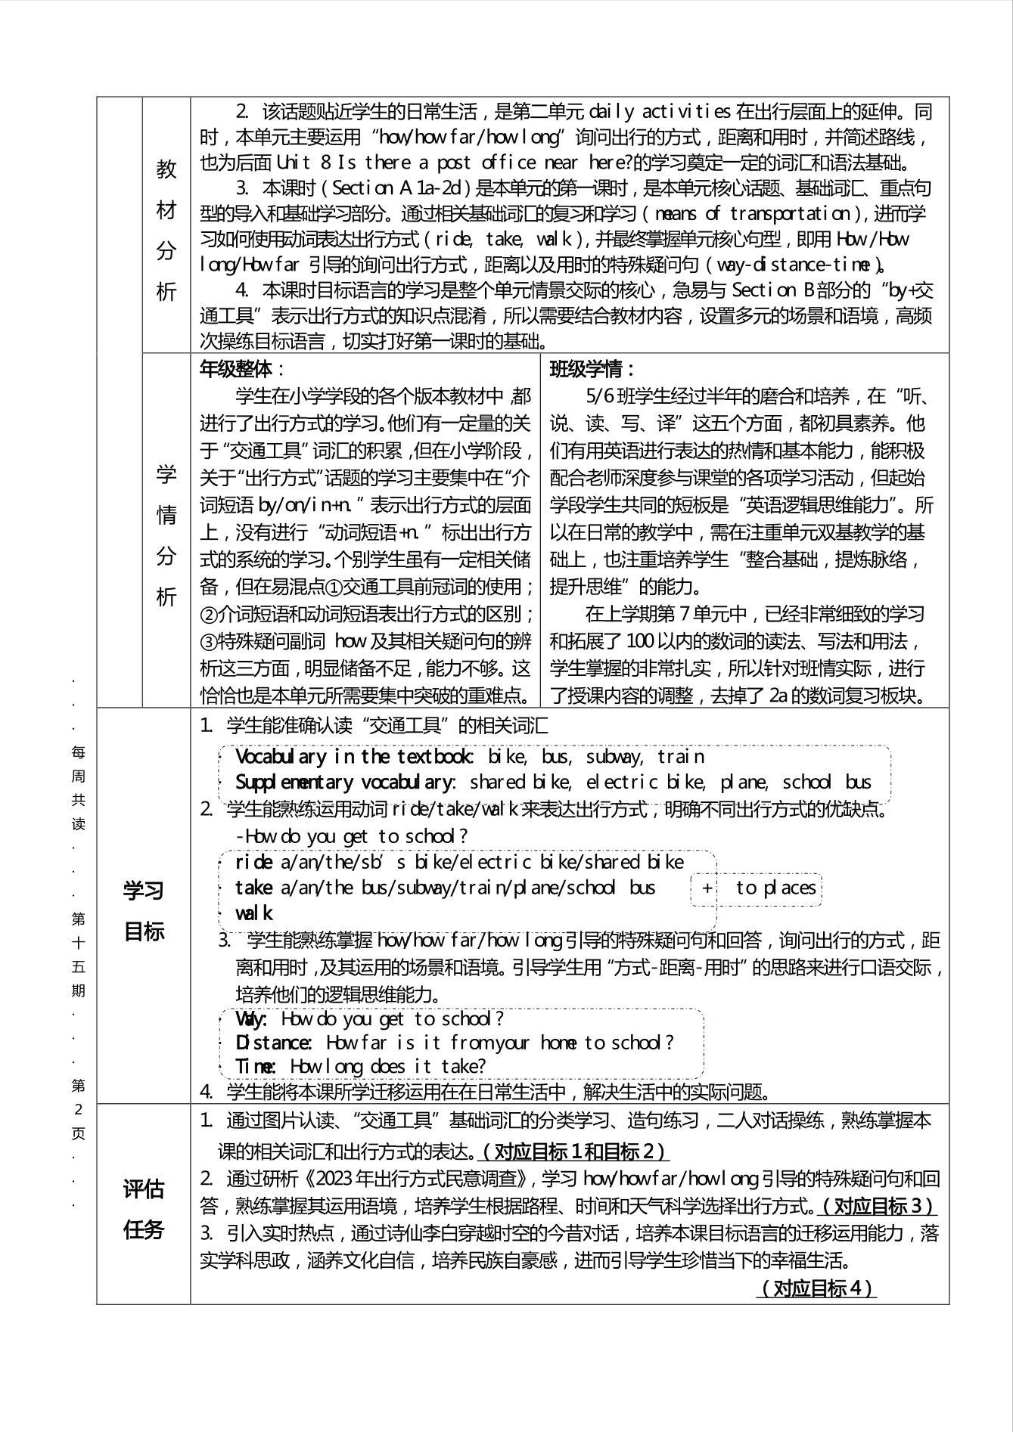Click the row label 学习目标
(x=144, y=910)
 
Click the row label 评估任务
(x=144, y=1209)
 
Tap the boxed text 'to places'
(x=775, y=888)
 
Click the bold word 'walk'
(x=253, y=913)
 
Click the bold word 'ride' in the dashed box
(x=253, y=862)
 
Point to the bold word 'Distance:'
(x=274, y=1043)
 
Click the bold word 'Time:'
(x=256, y=1066)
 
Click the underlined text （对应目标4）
(x=816, y=1288)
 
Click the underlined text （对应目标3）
(x=878, y=1205)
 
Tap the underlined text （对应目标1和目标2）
(x=574, y=1151)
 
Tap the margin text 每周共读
(x=79, y=788)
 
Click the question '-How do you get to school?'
(x=352, y=836)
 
